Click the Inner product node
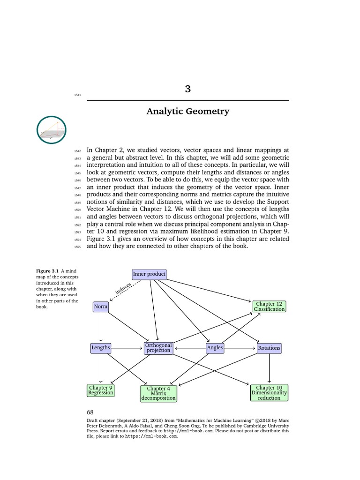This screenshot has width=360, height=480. click(x=149, y=274)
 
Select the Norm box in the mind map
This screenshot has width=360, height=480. click(x=101, y=307)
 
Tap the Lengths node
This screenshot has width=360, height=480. click(x=101, y=348)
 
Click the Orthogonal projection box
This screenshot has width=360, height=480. click(x=158, y=348)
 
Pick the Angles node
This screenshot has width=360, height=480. click(x=215, y=348)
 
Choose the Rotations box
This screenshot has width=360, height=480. click(x=269, y=348)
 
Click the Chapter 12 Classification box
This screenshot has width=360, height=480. click(x=269, y=307)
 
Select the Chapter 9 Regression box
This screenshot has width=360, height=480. click(x=101, y=390)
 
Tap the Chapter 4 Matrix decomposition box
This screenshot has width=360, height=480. click(x=158, y=393)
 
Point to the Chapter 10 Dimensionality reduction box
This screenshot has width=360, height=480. click(x=269, y=393)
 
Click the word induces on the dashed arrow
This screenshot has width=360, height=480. click(x=123, y=289)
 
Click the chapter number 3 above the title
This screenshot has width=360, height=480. click(x=187, y=89)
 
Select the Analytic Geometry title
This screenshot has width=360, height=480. click(x=187, y=112)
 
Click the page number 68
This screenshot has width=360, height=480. click(x=90, y=412)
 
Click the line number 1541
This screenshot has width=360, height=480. click(x=77, y=95)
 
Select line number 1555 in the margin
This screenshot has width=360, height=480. click(x=77, y=247)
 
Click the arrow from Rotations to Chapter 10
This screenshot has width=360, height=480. click(x=269, y=368)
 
